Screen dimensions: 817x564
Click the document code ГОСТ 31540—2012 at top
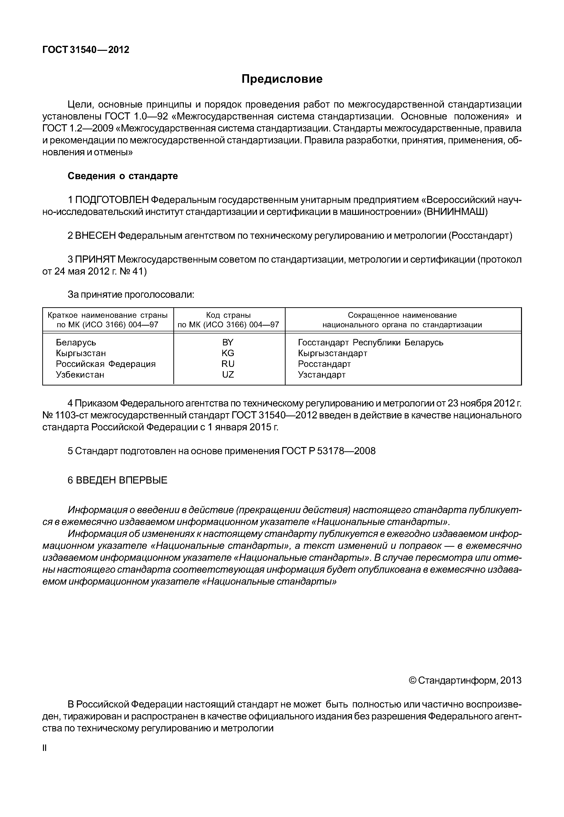pos(86,50)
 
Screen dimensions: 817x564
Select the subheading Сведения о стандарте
pos(123,176)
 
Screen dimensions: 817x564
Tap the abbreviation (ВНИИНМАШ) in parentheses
pos(456,212)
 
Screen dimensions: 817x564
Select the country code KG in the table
pos(228,353)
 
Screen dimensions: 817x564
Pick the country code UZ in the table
pos(228,375)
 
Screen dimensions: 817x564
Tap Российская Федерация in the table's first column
pos(106,364)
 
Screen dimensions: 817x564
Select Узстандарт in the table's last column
pos(322,375)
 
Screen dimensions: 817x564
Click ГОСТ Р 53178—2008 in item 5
pos(328,451)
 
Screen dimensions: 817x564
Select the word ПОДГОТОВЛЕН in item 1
pos(112,200)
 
